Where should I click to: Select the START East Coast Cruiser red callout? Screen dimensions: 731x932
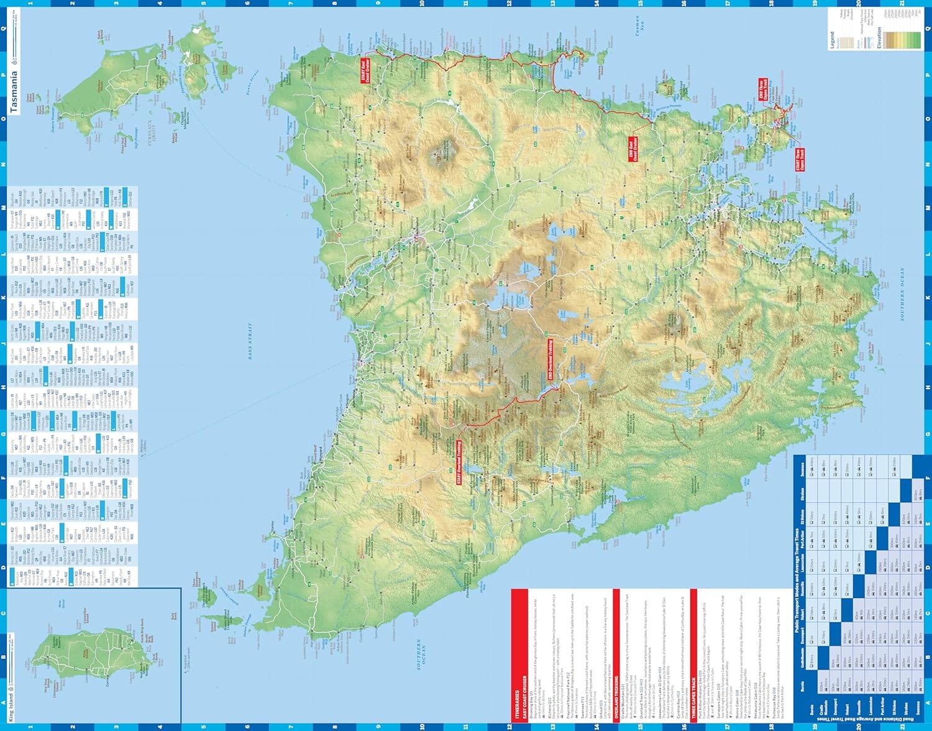(x=365, y=71)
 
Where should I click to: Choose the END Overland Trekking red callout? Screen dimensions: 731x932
(x=551, y=361)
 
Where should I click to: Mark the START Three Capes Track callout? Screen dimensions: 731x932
(x=800, y=160)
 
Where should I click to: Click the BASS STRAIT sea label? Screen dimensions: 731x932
(x=251, y=342)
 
